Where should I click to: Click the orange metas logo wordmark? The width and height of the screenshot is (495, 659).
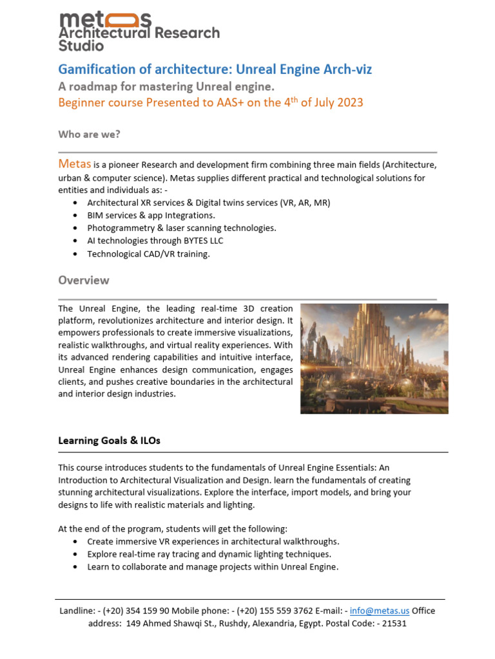[105, 19]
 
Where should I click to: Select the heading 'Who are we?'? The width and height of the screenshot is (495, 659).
[89, 134]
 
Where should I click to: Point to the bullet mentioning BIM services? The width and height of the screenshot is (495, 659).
[151, 215]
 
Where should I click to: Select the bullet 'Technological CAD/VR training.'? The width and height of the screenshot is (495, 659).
[148, 254]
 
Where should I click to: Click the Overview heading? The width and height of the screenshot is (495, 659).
[84, 281]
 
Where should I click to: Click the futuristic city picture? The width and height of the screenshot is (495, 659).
[374, 358]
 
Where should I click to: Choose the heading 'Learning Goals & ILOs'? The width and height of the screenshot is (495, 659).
[109, 441]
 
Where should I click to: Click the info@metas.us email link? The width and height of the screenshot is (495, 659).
[380, 611]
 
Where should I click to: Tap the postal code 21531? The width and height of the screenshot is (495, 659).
[393, 624]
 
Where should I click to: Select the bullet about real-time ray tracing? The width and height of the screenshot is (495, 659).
[209, 554]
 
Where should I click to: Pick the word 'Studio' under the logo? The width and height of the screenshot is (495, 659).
[81, 46]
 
